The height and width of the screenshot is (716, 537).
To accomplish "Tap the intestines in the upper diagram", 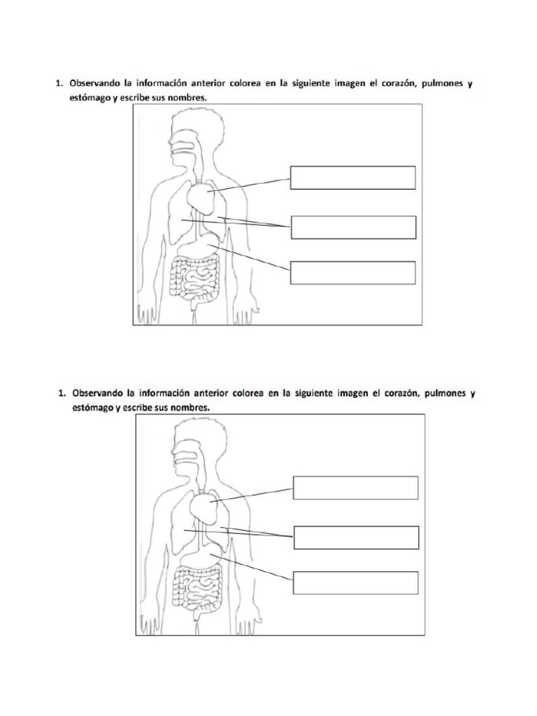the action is tap(195, 280).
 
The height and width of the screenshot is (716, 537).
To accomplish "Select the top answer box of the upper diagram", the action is tap(352, 178).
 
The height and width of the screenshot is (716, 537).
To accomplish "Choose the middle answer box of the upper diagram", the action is tap(353, 227).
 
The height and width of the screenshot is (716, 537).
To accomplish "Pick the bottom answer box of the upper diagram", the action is tap(352, 273).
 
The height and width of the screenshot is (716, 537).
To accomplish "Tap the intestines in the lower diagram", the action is tap(198, 589).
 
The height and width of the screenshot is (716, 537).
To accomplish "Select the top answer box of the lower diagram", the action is tap(355, 487).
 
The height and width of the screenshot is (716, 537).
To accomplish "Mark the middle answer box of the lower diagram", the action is tap(356, 538).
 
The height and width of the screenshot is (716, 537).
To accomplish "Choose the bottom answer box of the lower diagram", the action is tap(355, 582).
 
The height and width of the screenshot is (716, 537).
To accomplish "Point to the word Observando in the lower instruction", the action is tap(98, 393).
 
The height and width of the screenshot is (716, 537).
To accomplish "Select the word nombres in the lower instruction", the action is tap(190, 408).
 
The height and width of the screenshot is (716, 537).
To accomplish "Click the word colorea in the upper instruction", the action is tap(245, 83).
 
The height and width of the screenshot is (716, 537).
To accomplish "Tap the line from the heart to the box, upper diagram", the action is tap(250, 185).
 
